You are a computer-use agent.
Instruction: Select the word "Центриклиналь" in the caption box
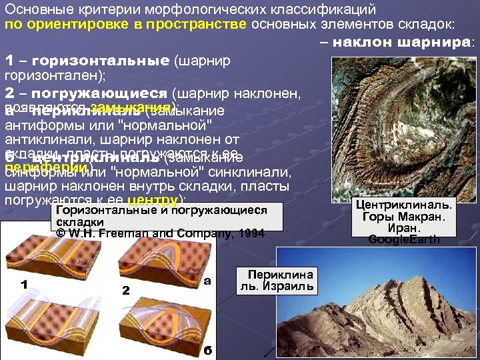pyautogui.click(x=405, y=205)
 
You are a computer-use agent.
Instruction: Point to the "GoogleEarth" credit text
pyautogui.click(x=405, y=239)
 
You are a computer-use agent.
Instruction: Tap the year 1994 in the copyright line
pyautogui.click(x=249, y=234)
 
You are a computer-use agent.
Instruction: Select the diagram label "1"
pyautogui.click(x=23, y=285)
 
